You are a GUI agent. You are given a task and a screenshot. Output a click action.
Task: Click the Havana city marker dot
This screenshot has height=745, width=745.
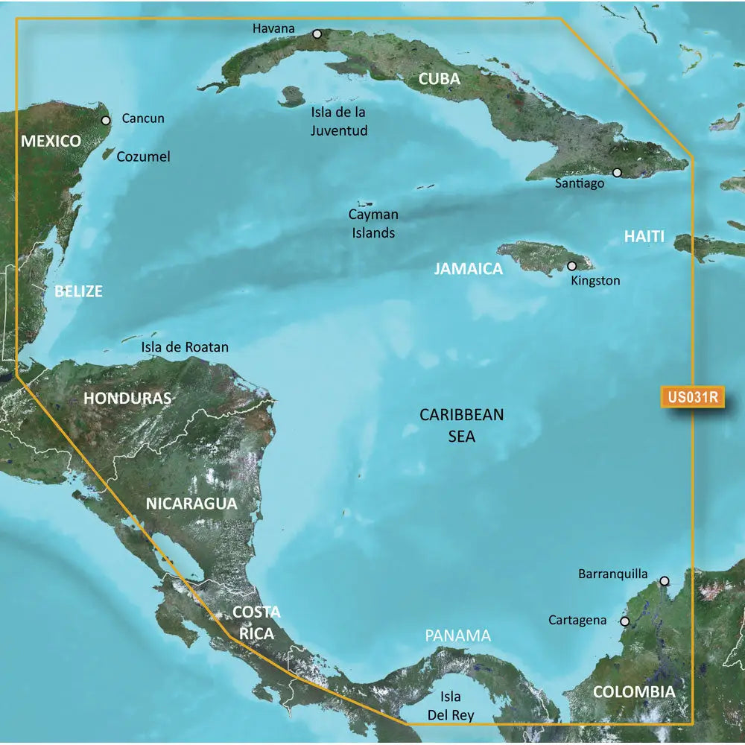(x=317, y=34)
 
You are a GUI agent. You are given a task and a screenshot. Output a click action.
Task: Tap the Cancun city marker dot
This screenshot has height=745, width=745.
(x=106, y=119)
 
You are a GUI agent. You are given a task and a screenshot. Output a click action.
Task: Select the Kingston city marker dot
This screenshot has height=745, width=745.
(x=572, y=265)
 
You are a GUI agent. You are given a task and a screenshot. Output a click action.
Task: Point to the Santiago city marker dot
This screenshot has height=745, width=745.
(x=617, y=172)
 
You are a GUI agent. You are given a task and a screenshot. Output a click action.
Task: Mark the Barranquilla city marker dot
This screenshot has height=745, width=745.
(x=664, y=580)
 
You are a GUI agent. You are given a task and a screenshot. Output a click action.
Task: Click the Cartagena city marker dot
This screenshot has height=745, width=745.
(x=624, y=621)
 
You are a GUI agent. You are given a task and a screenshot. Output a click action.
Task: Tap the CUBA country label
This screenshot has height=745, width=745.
(x=439, y=78)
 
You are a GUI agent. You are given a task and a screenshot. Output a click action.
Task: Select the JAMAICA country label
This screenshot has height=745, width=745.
(x=469, y=269)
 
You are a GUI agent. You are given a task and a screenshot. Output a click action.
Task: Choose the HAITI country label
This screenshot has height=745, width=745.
(x=644, y=237)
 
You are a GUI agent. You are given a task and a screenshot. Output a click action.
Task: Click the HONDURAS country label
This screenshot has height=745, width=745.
(x=127, y=398)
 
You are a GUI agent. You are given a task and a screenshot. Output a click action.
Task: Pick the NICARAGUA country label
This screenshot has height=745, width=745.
(x=191, y=504)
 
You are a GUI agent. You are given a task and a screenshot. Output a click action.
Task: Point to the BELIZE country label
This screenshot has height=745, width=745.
(x=78, y=291)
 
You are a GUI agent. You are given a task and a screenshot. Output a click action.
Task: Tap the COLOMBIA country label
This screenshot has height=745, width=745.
(x=634, y=692)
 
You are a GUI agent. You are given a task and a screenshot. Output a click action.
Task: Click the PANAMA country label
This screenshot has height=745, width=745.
(x=458, y=635)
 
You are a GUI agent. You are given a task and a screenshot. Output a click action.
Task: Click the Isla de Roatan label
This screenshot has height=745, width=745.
(x=185, y=347)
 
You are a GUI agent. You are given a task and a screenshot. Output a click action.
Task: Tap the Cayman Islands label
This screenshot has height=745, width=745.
(x=373, y=223)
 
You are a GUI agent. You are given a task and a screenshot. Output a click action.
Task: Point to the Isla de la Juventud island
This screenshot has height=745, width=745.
(x=291, y=96)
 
